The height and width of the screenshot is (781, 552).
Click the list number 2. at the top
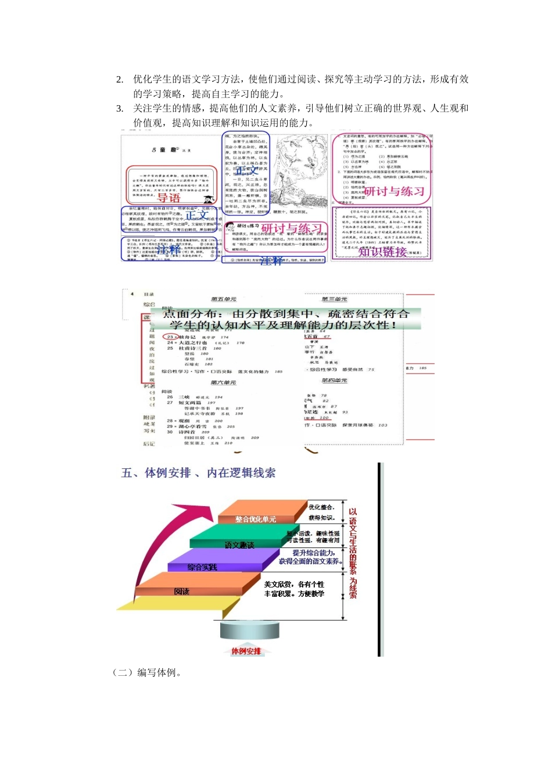120,80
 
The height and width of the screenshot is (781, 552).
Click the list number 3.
120,109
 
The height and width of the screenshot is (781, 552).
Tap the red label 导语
169,198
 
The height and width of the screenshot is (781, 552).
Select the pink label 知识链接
382,252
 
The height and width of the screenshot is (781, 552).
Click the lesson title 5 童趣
165,150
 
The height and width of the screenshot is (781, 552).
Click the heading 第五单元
224,299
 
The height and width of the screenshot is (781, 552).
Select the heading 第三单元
335,299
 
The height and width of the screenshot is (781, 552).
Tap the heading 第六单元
224,382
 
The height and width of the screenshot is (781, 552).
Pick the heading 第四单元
335,381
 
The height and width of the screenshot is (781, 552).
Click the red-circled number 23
170,336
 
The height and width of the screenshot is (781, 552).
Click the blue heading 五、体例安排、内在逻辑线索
198,473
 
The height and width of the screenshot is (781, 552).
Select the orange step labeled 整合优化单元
256,519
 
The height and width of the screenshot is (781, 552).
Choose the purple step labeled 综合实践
202,567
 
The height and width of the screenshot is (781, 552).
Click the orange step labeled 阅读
181,591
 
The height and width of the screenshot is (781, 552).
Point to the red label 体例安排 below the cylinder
246,651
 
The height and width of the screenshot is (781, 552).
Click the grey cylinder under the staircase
249,630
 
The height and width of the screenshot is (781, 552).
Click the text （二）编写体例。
148,673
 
